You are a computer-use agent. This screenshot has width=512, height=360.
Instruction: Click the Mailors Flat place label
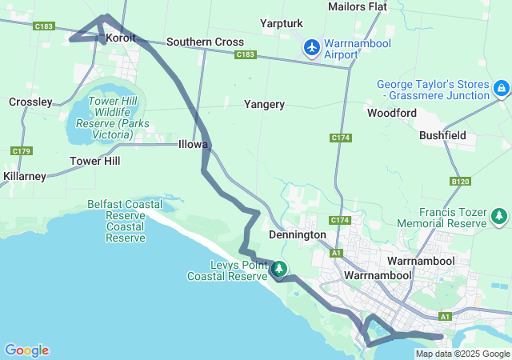(x=358, y=6)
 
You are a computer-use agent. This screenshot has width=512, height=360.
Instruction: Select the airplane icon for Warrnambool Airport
(x=312, y=48)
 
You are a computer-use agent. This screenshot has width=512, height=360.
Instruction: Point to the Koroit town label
(x=119, y=38)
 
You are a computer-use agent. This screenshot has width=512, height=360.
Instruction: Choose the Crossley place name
(x=30, y=102)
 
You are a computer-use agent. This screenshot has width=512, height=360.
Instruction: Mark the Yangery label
(x=264, y=104)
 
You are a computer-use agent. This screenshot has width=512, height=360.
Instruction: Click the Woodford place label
(x=392, y=113)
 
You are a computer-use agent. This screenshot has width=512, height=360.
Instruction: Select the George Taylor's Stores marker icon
(x=501, y=87)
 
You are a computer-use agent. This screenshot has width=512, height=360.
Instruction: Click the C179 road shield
(x=22, y=151)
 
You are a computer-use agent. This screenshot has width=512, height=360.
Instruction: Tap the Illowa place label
(x=194, y=145)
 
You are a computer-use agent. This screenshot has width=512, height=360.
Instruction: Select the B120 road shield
(x=461, y=182)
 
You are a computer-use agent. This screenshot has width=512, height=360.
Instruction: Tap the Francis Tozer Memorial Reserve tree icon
(x=500, y=215)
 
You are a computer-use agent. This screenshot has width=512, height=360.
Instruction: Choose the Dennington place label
(x=298, y=235)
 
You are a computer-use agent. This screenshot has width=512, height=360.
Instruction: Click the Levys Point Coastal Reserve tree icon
(x=280, y=269)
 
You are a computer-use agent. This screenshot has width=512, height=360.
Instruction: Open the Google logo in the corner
(x=26, y=350)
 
